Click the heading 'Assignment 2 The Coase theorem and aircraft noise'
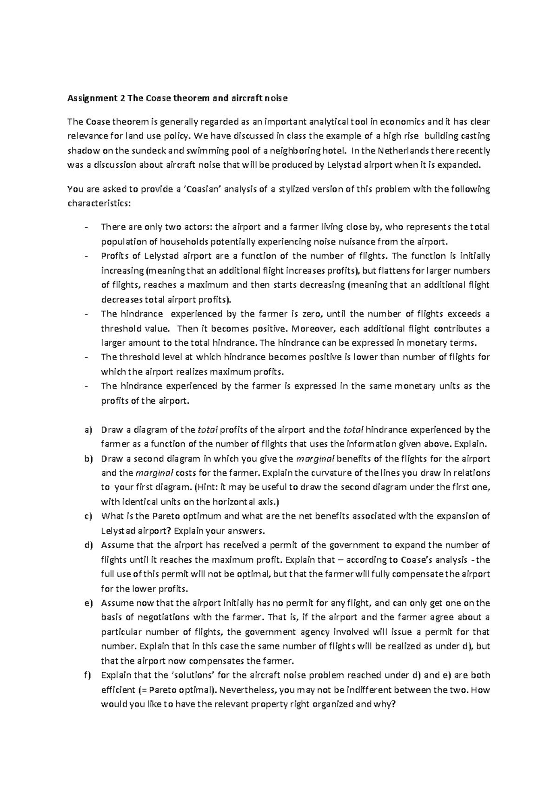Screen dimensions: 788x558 [178, 98]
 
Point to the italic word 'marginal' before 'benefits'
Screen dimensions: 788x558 [315, 459]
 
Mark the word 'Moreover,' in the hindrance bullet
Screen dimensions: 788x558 [314, 328]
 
